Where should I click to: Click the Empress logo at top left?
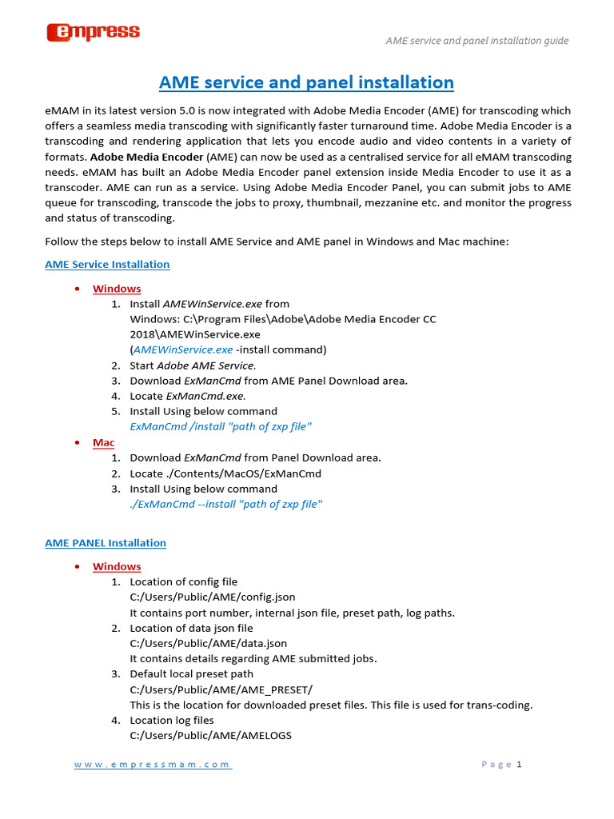tap(93, 32)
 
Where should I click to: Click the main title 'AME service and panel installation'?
tap(306, 82)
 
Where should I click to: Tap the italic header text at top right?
tap(477, 40)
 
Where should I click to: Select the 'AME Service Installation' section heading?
tap(107, 264)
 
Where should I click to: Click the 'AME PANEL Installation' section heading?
tap(106, 542)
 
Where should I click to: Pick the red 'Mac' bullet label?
tap(103, 442)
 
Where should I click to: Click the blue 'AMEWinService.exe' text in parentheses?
tap(183, 350)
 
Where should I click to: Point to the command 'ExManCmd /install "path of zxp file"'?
tap(221, 426)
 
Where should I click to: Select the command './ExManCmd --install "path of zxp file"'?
tap(226, 504)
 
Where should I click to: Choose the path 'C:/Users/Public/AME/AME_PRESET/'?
tap(221, 689)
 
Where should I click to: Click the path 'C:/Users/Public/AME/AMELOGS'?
tap(211, 736)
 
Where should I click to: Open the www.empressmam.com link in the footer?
tap(153, 765)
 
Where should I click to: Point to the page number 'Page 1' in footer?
tap(501, 765)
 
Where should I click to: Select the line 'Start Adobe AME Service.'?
tap(193, 365)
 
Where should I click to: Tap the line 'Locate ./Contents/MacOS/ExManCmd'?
tap(225, 473)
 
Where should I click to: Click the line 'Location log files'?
tap(172, 720)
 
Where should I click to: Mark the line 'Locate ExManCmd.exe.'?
tap(188, 396)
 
